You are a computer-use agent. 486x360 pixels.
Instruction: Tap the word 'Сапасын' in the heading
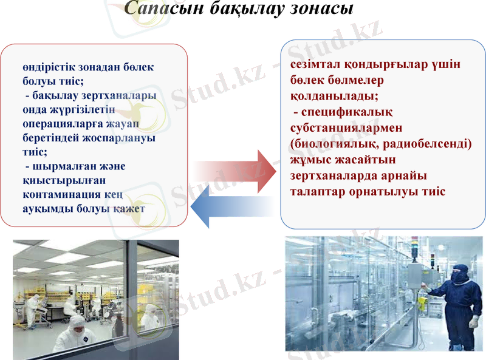point(159,8)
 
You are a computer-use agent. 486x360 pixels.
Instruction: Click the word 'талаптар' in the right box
point(319,191)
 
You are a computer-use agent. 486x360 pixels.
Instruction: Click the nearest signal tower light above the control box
point(432,257)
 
